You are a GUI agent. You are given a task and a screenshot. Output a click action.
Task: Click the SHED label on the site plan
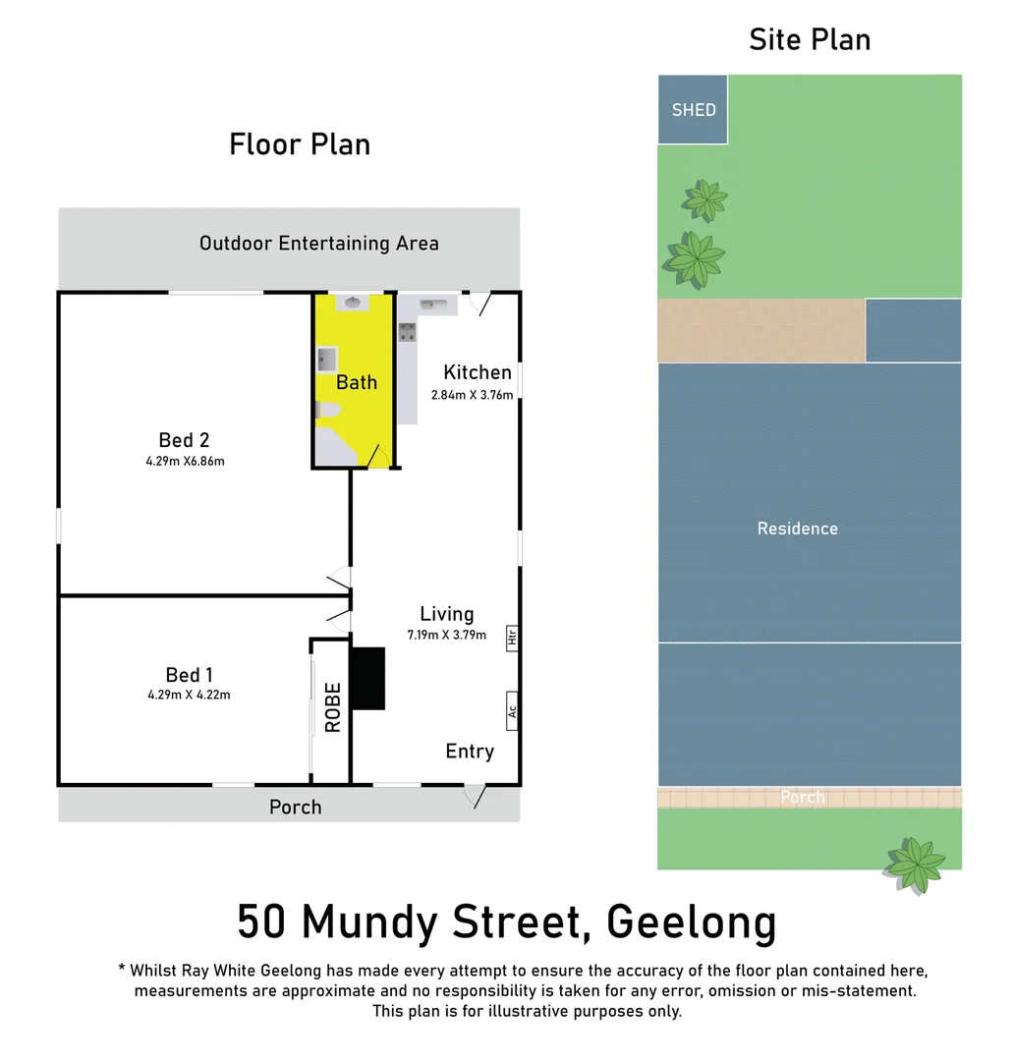pos(694,110)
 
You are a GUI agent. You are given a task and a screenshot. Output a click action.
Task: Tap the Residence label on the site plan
pos(797,529)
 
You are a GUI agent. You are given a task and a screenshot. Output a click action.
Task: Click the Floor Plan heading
pos(300,144)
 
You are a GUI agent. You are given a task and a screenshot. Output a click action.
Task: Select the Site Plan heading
pos(810,39)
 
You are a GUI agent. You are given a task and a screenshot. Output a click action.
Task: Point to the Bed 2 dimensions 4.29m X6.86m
pos(185,461)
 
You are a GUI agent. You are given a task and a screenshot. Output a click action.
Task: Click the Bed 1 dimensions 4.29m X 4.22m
pos(190,695)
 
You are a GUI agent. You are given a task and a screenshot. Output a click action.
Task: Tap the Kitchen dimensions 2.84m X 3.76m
pos(472,395)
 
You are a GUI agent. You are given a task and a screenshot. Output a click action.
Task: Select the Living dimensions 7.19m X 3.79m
pos(447,635)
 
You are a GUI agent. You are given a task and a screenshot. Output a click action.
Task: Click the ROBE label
pos(333,707)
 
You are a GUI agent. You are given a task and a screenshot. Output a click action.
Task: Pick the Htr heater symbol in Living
pos(512,638)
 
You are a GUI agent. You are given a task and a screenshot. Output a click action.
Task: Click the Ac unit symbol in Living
pos(512,710)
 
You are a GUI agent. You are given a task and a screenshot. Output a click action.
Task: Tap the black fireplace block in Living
pos(367,678)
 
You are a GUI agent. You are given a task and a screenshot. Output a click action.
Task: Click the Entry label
pos(470,752)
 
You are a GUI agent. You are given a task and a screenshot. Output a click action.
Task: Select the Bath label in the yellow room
pos(357,382)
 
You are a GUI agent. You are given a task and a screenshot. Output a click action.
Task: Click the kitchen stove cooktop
pos(408,332)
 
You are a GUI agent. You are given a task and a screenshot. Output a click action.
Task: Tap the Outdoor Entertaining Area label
pos(319,243)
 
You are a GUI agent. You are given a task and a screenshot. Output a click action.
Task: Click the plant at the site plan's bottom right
pos(916,863)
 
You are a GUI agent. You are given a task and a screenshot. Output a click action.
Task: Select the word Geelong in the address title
pos(692,923)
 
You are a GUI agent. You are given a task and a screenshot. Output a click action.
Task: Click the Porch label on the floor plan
pos(295,807)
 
